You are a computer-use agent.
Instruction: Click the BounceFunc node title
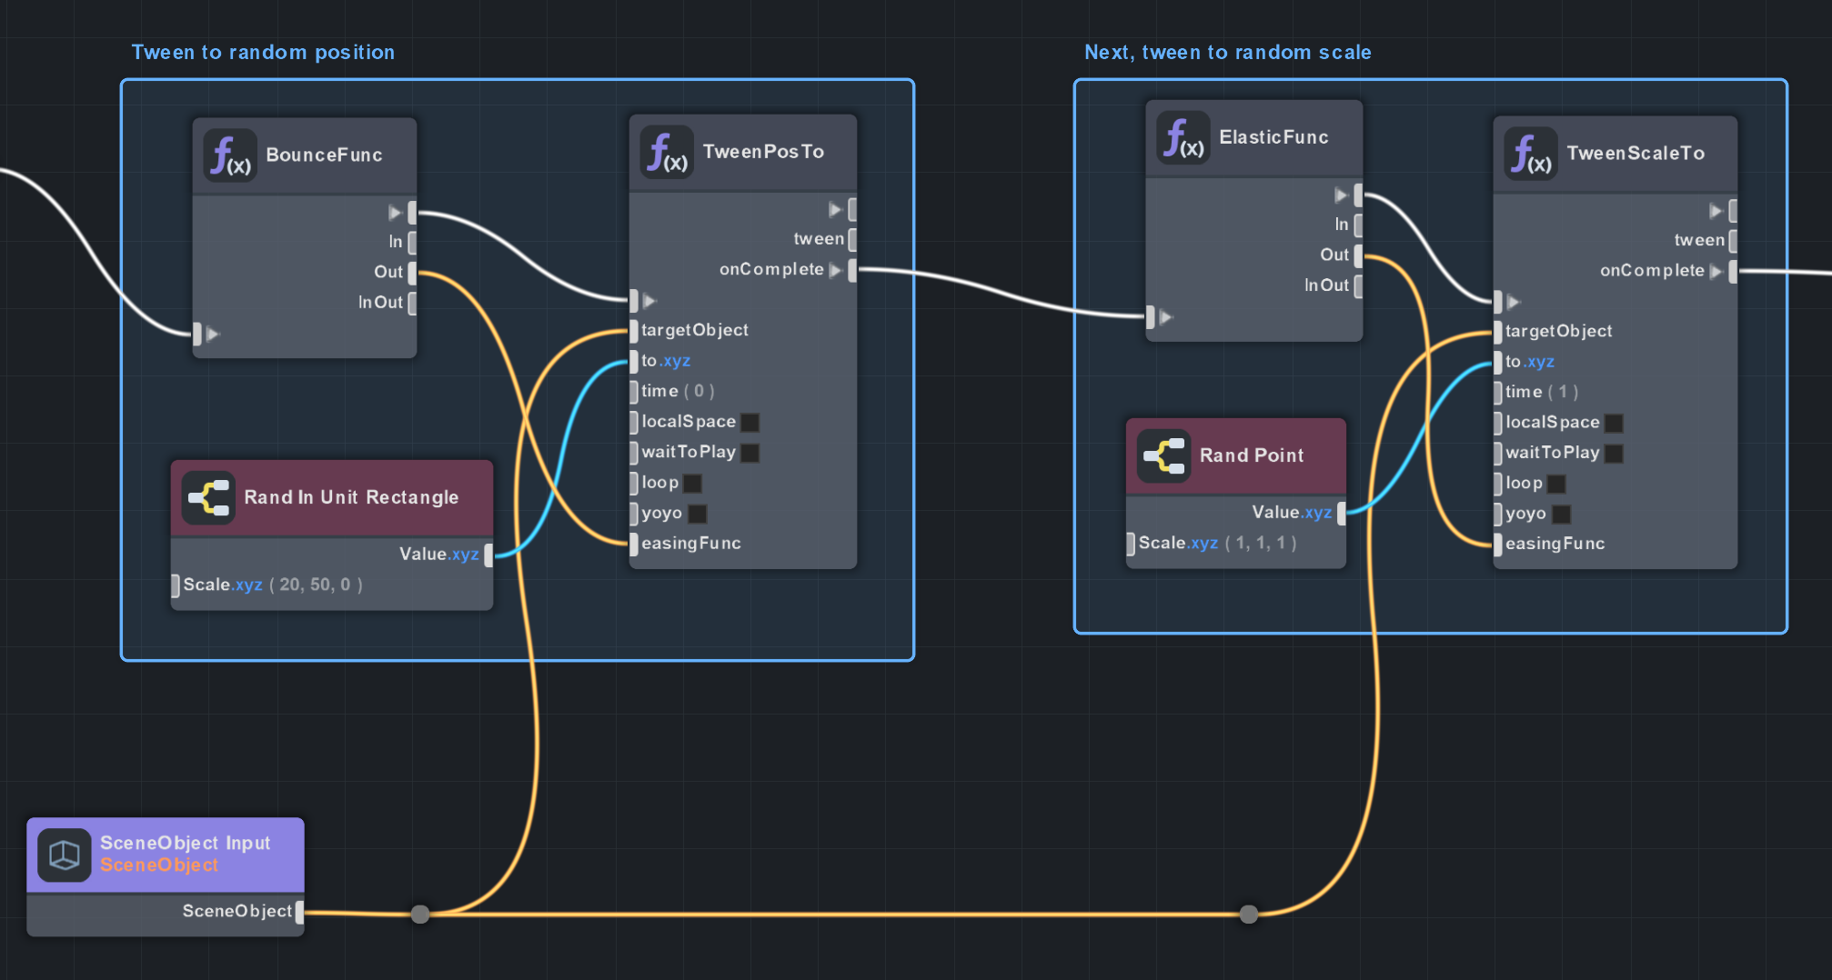[324, 155]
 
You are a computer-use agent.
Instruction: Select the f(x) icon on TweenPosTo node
[667, 153]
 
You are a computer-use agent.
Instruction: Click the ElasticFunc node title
[1273, 137]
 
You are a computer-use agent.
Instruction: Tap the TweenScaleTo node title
[1636, 154]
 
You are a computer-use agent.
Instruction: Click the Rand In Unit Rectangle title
[351, 497]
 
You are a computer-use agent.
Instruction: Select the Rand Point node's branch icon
[1163, 455]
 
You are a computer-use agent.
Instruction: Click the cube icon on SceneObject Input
[64, 855]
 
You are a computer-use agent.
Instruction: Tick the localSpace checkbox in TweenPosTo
[750, 422]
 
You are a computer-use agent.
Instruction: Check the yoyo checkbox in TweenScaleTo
[1561, 515]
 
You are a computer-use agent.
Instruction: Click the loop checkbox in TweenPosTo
[692, 484]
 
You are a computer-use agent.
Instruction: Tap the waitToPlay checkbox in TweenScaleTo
[1614, 454]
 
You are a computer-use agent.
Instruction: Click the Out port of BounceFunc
[412, 272]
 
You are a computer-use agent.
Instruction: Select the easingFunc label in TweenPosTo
[690, 544]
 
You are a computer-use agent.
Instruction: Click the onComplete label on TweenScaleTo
[1652, 271]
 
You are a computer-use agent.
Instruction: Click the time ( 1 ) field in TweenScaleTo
[1541, 392]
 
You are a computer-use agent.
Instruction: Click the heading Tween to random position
[263, 53]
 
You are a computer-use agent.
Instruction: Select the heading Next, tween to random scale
[1227, 53]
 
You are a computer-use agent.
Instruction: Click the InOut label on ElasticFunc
[1326, 285]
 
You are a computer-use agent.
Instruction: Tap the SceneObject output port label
[237, 911]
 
